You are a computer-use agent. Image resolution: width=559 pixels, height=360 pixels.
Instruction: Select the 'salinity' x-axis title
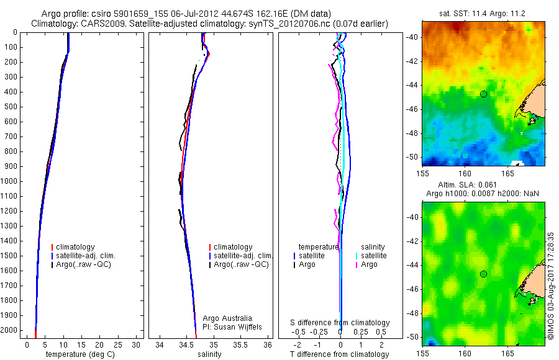[210, 354]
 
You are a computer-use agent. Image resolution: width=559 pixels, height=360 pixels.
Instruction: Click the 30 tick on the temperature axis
[135, 344]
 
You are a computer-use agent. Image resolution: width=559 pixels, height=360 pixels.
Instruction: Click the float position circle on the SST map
[483, 94]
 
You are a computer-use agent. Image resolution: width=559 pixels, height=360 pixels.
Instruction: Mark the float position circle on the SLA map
[483, 274]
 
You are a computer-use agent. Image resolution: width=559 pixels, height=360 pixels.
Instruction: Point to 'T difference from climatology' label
[339, 354]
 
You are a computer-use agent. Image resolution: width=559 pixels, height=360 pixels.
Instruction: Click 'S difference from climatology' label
[340, 323]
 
